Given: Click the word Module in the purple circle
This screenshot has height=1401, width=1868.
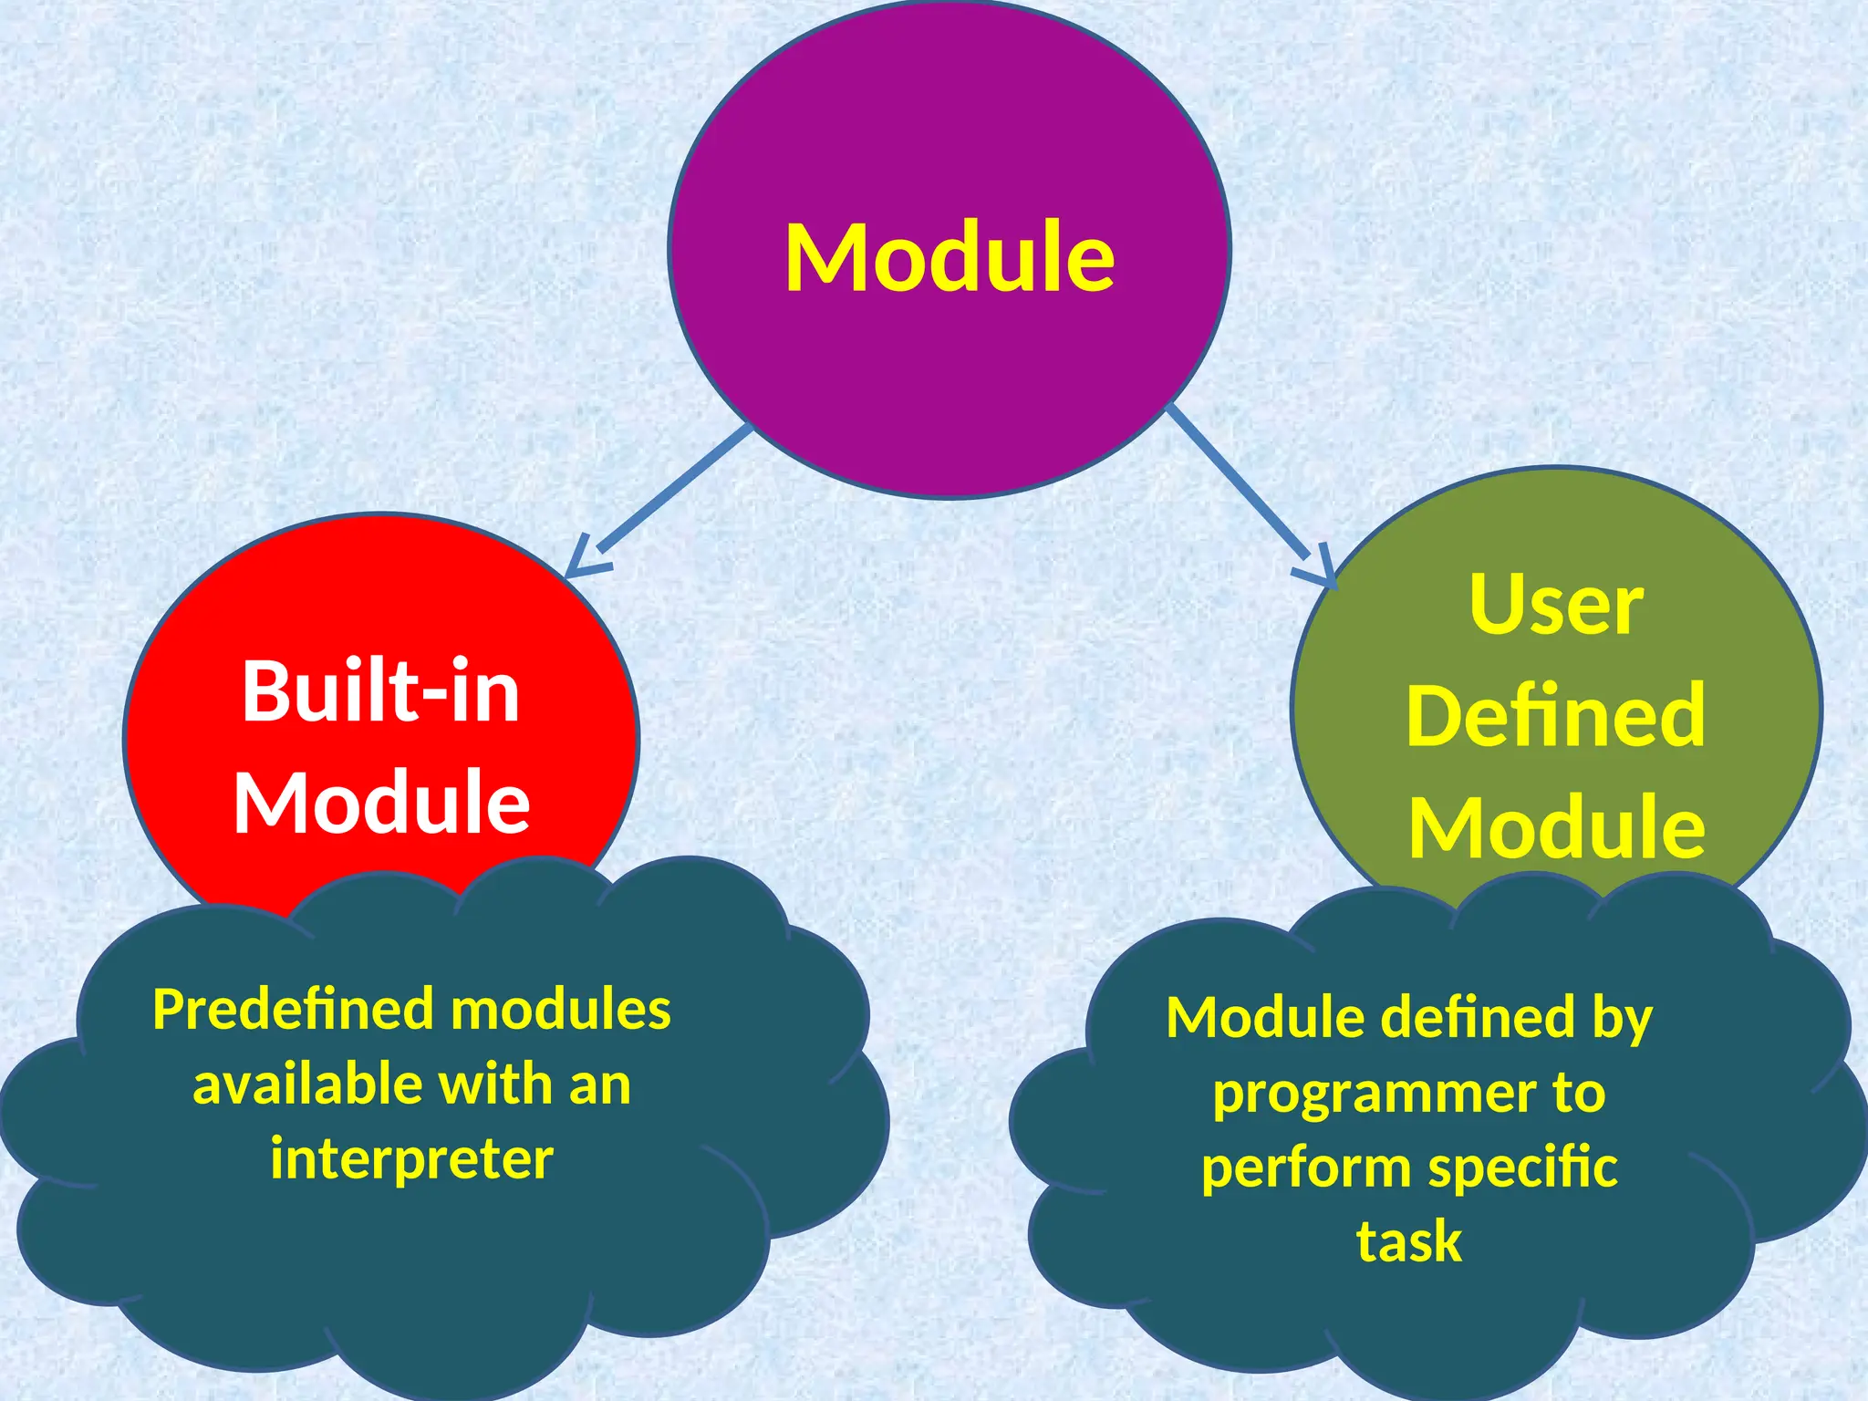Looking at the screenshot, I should tap(950, 257).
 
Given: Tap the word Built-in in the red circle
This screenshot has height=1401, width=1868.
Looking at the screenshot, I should tap(380, 692).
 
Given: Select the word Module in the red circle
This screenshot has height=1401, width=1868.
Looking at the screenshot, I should tap(381, 803).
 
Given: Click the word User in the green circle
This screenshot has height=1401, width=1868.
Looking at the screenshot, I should tap(1556, 605).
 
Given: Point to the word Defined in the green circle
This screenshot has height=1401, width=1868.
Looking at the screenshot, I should tap(1555, 716).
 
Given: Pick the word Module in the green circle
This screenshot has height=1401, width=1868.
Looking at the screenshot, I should tap(1556, 827).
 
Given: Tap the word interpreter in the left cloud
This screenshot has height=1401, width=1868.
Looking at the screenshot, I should tap(411, 1159).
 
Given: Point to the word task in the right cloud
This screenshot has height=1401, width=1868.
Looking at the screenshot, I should tap(1409, 1241).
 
